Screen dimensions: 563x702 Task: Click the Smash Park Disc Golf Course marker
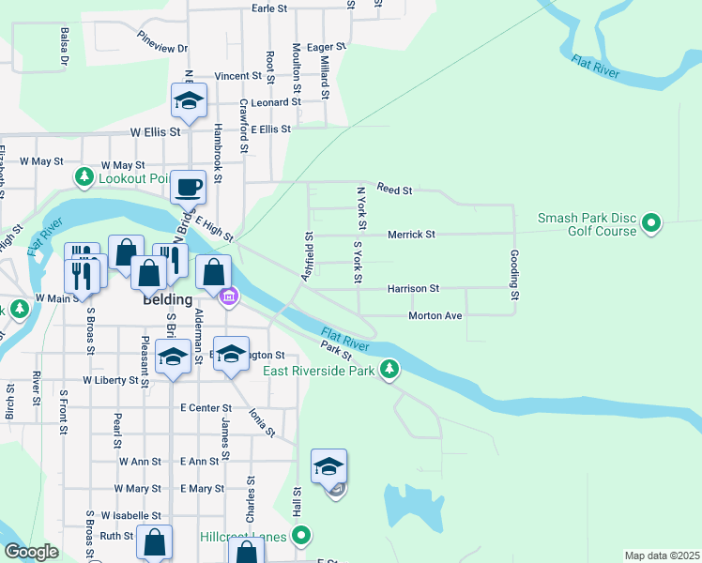(x=649, y=224)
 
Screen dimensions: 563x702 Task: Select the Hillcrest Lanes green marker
(x=300, y=537)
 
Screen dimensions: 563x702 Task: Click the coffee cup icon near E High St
(x=188, y=186)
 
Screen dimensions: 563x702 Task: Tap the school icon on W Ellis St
(x=189, y=101)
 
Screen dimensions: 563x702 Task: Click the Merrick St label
(x=411, y=234)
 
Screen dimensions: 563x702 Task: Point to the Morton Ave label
(x=435, y=315)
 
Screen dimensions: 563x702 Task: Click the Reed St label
(x=394, y=190)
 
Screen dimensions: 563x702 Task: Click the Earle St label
(x=269, y=8)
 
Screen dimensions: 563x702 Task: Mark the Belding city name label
(x=168, y=300)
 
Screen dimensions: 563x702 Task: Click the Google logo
(x=31, y=552)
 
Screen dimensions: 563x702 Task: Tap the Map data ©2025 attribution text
(x=662, y=555)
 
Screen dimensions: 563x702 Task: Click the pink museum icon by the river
(x=227, y=298)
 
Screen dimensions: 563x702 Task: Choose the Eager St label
(x=327, y=46)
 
